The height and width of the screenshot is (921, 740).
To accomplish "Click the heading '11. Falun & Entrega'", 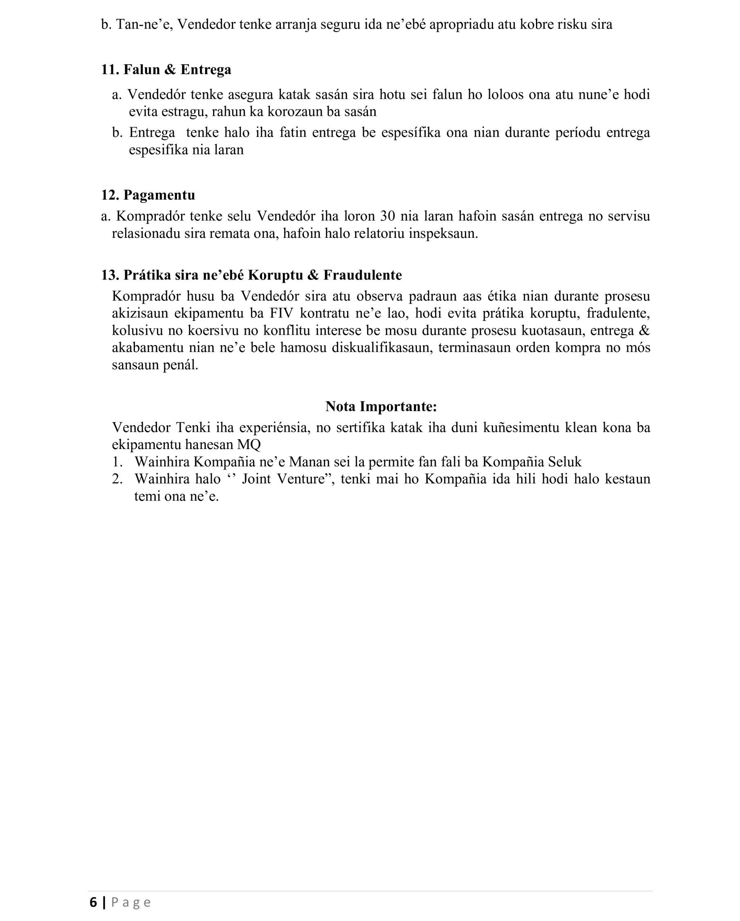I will coord(166,70).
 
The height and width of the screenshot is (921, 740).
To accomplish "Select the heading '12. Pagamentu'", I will coord(148,195).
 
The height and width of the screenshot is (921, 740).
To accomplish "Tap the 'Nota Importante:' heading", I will coord(381,406).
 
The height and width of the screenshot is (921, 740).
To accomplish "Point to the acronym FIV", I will coord(281,314).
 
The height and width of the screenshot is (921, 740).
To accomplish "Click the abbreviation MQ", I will coord(249,445).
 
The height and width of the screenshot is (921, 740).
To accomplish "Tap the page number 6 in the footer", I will coord(93,902).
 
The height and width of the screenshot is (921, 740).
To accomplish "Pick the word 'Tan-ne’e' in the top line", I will coord(144,25).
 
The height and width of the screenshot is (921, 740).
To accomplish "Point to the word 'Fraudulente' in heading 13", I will coord(362,275).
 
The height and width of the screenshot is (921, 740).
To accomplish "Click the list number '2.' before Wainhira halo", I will coord(117,479).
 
